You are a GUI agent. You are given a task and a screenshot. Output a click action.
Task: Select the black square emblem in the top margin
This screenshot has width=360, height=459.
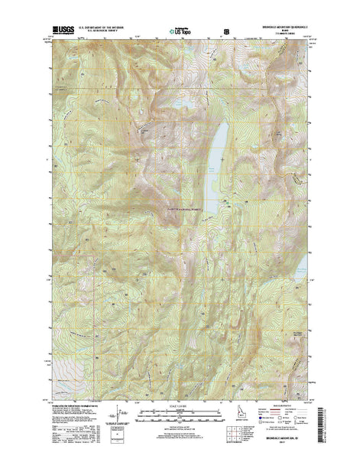[225, 32]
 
